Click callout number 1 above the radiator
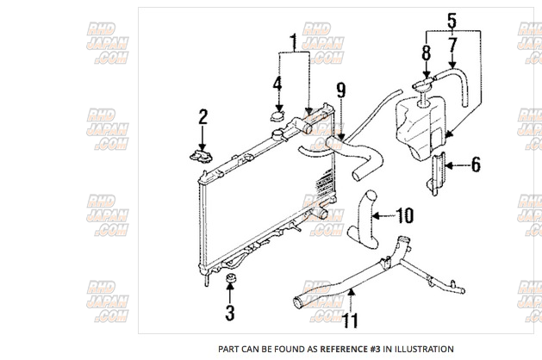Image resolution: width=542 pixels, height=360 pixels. (x=293, y=41)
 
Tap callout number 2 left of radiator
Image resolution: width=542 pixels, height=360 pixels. (x=203, y=116)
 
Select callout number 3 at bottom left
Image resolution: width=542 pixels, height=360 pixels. (x=230, y=313)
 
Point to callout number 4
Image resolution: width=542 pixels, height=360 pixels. (x=277, y=84)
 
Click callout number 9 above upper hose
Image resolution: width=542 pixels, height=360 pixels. (x=341, y=89)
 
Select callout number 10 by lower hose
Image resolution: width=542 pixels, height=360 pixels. (x=404, y=214)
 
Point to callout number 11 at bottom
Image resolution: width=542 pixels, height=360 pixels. (x=349, y=321)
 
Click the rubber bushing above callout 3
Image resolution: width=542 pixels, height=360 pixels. (x=230, y=280)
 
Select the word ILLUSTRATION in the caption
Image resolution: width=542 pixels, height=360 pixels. (x=419, y=350)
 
